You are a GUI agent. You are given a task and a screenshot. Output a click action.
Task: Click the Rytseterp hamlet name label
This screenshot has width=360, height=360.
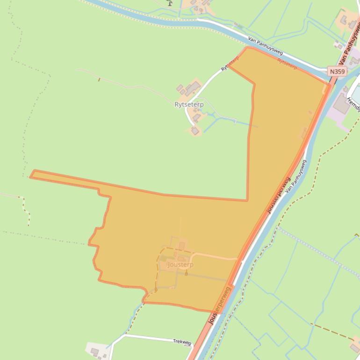[x=189, y=105]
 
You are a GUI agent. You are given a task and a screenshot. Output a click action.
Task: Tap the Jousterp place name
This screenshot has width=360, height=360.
[x=180, y=265]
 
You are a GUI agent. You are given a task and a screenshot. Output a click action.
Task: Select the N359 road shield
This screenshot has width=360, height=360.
[x=337, y=72]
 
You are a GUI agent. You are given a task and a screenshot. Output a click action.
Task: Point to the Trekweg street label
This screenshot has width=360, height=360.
[x=182, y=342]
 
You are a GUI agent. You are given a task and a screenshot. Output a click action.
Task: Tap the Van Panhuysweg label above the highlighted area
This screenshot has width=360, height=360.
[x=265, y=46]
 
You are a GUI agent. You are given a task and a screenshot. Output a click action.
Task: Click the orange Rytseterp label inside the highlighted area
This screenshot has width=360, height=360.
[x=287, y=64]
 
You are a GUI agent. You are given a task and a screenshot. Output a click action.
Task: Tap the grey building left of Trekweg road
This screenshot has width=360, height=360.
[x=95, y=351]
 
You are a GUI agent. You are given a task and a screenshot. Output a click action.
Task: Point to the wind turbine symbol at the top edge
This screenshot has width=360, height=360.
[x=169, y=3]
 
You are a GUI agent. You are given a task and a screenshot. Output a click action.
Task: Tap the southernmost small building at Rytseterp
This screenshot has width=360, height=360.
[x=195, y=131]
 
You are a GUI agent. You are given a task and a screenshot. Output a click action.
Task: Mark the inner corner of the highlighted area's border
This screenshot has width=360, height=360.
[x=247, y=201]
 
